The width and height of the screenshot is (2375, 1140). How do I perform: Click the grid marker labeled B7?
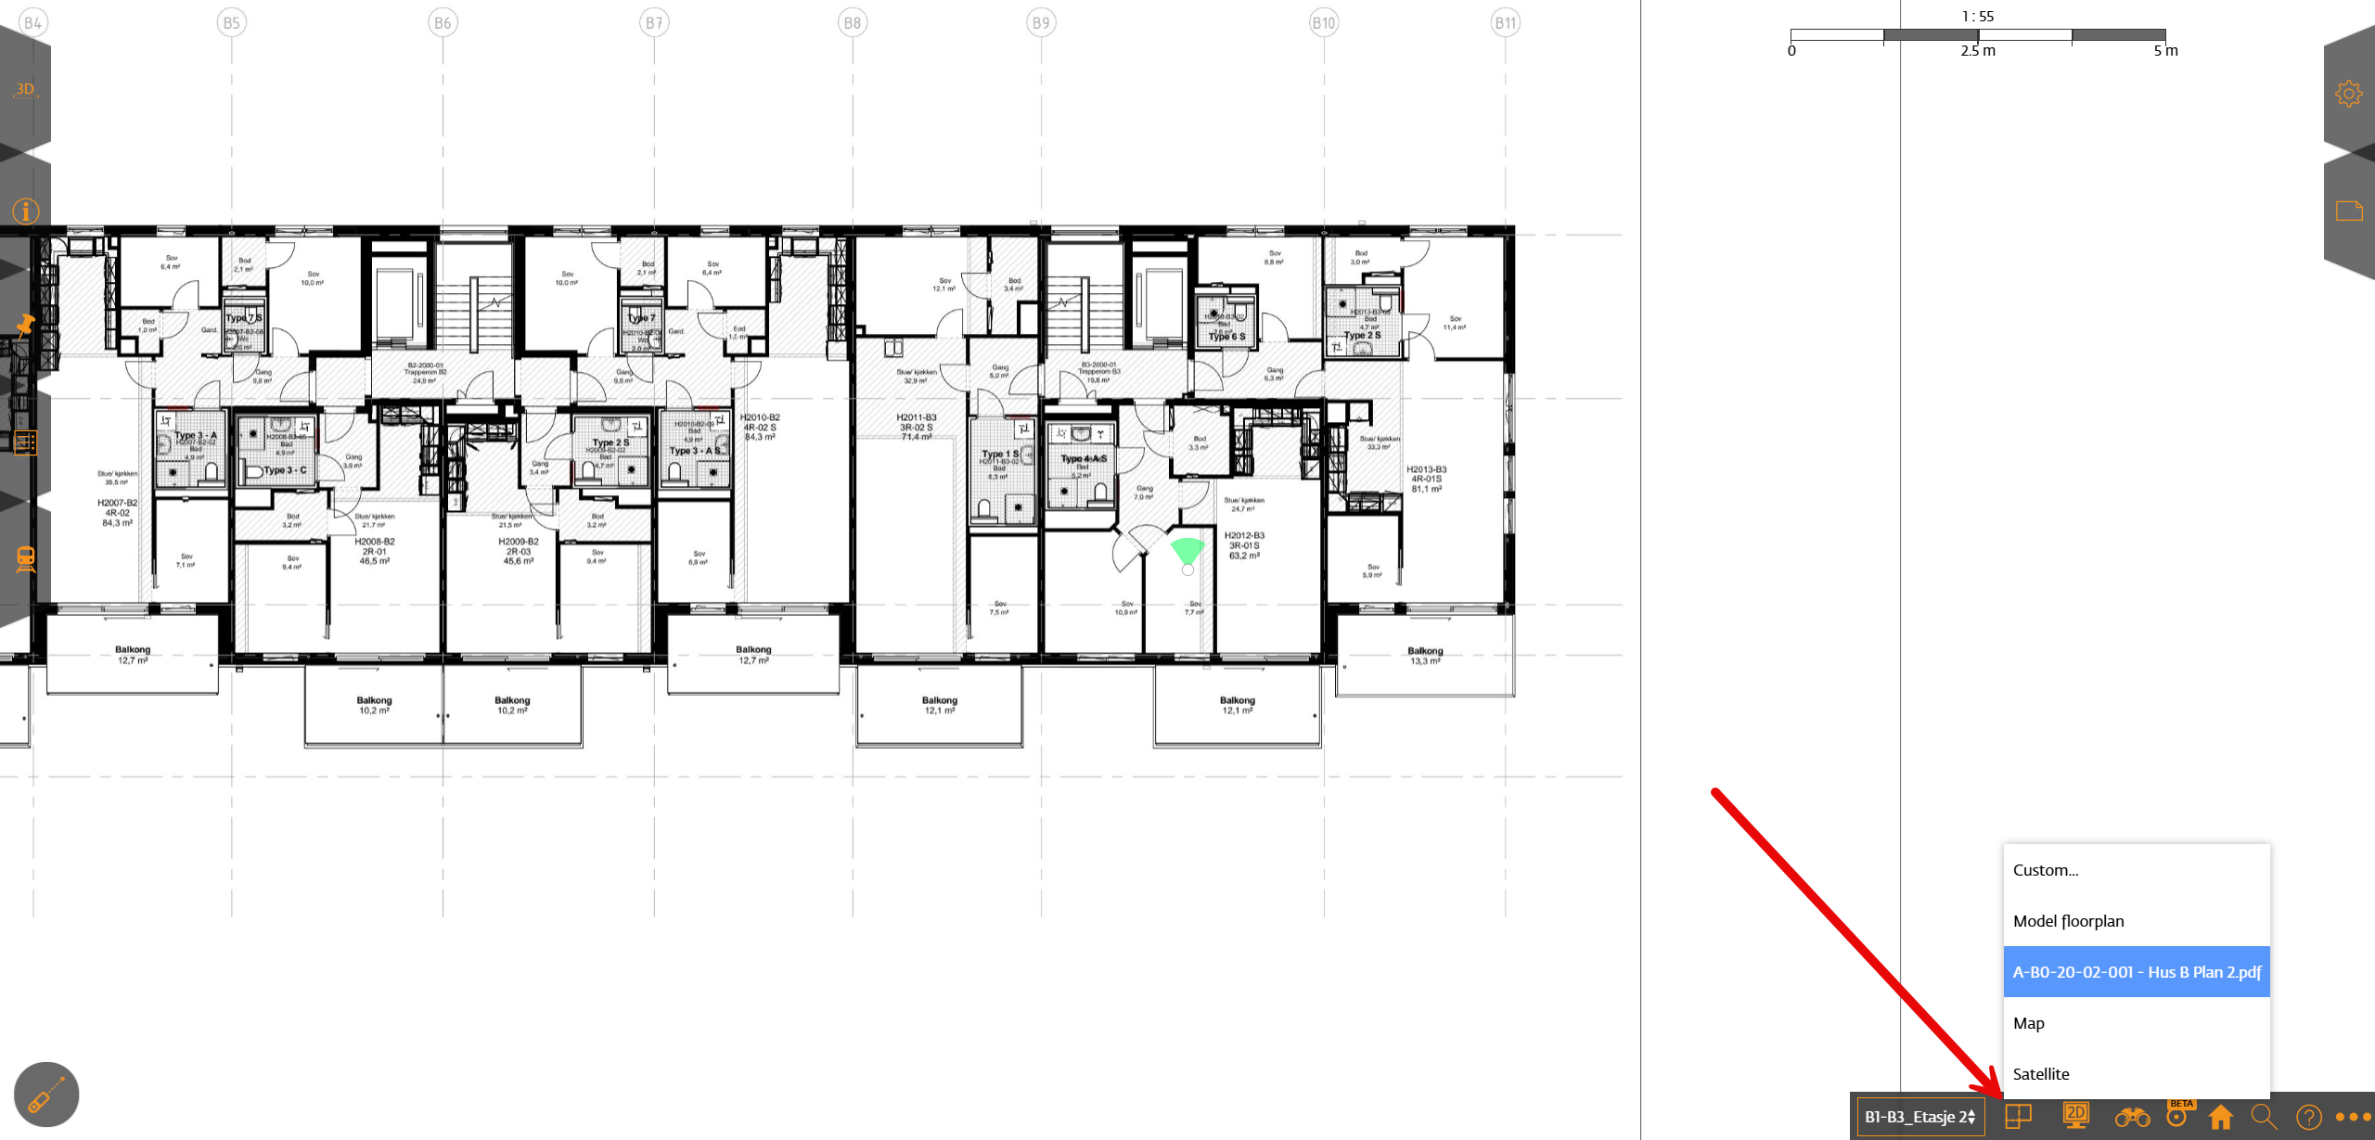point(654,23)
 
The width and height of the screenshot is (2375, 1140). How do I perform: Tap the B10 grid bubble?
point(1323,23)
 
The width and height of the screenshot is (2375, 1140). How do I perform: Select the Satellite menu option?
point(2041,1073)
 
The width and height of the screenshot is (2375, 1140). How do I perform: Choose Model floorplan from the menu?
point(2068,920)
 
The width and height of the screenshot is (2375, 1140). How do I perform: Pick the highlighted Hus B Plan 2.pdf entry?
point(2136,971)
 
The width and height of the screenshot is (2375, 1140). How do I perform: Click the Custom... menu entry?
point(2045,869)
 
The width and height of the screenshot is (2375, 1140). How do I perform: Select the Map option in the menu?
point(2028,1022)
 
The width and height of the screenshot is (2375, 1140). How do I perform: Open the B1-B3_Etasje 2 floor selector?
point(1919,1116)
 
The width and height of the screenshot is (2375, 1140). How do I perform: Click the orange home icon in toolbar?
point(2220,1116)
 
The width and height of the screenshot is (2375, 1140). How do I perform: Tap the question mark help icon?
point(2308,1117)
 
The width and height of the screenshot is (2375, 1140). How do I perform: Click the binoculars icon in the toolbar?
point(2132,1117)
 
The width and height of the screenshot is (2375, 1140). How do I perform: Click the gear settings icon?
point(2348,94)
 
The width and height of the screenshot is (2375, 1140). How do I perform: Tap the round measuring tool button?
point(46,1094)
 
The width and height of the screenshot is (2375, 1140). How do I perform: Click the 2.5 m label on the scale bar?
point(1977,51)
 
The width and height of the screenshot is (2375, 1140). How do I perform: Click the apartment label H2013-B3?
point(1426,469)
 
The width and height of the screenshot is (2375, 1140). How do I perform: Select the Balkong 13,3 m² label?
point(1425,656)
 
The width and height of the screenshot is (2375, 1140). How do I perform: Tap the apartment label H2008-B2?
point(375,541)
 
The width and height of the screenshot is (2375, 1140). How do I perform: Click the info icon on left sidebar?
point(25,211)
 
